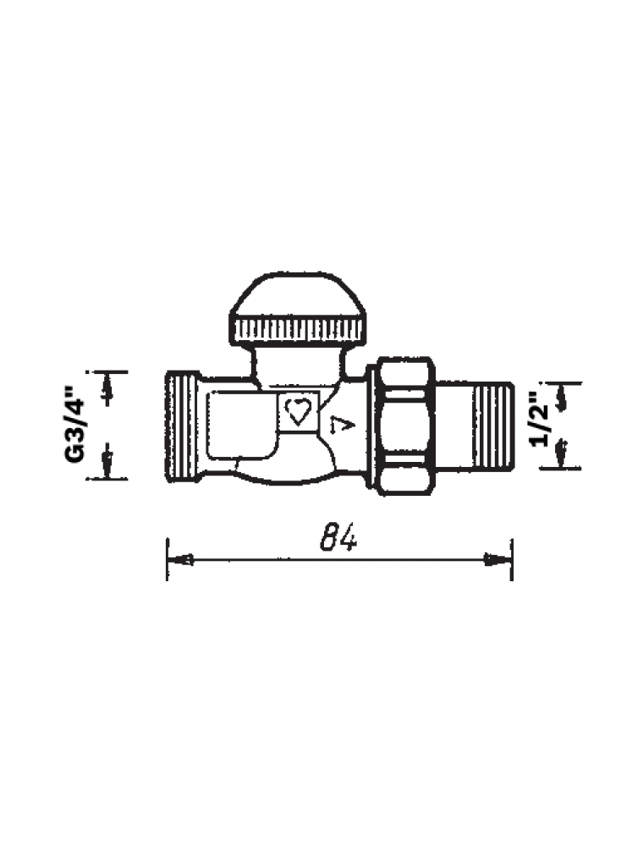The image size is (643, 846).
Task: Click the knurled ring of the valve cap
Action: [x=299, y=330]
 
